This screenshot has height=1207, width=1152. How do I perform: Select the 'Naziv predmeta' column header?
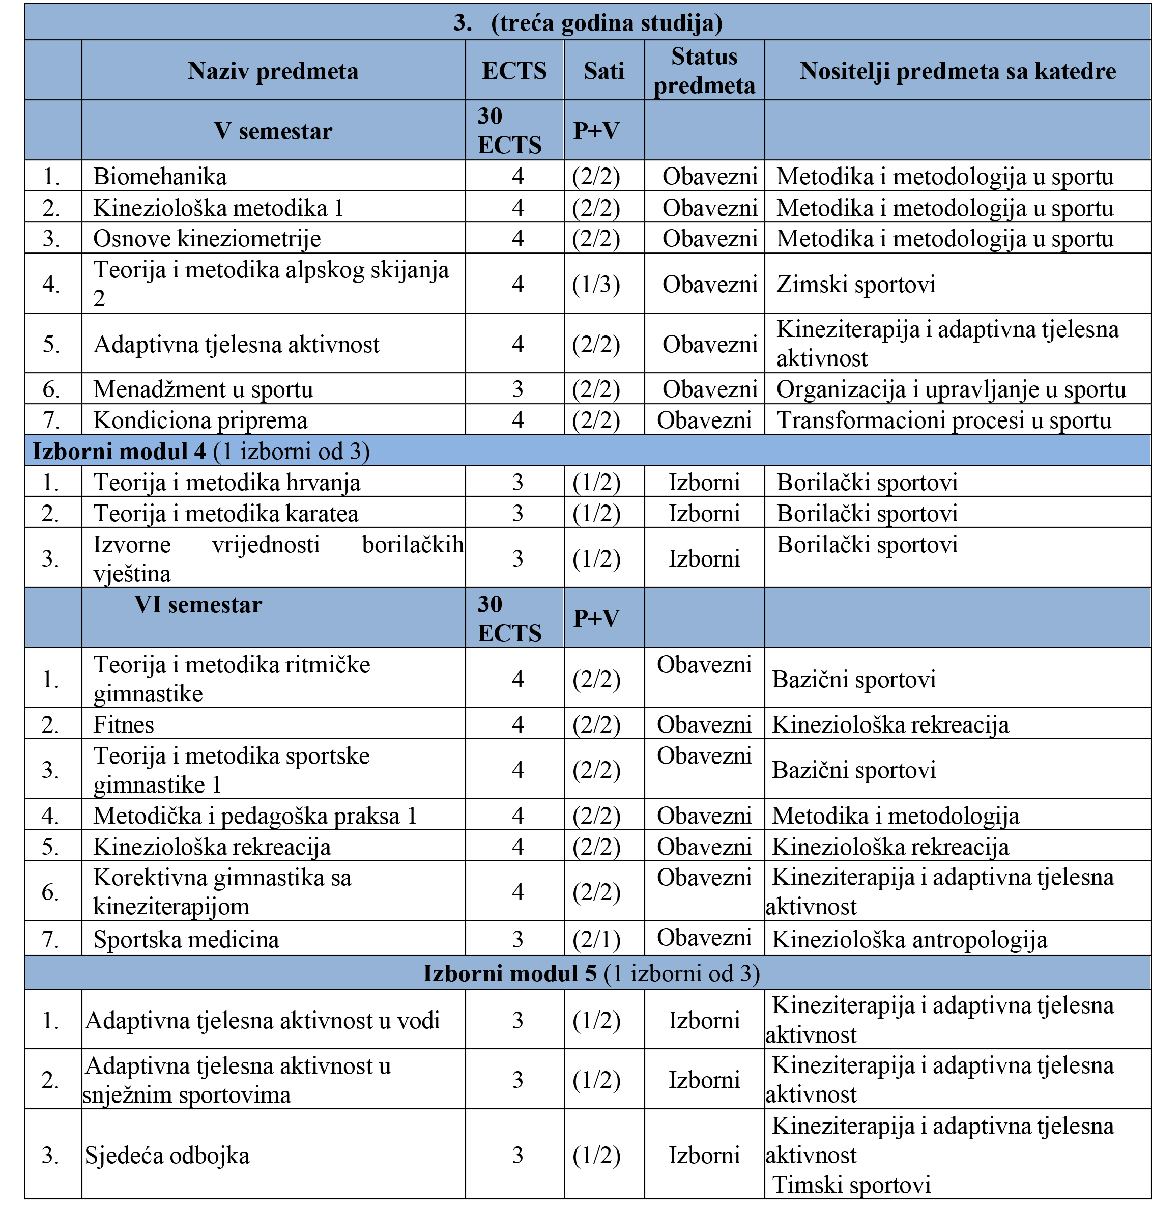coord(273,71)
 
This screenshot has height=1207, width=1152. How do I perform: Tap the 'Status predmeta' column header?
coord(704,71)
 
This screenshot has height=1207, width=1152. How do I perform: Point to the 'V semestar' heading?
coord(273,131)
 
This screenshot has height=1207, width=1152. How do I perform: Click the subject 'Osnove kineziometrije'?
coord(207,238)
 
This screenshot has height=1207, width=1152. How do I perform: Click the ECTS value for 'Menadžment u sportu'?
coord(517,389)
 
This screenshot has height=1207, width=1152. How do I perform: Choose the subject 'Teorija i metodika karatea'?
coord(225,514)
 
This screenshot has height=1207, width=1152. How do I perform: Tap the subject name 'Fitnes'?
coord(124,725)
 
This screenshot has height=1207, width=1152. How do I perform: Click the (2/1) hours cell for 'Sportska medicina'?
coord(596,939)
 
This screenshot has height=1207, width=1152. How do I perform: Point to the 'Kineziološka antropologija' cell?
coord(909,939)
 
